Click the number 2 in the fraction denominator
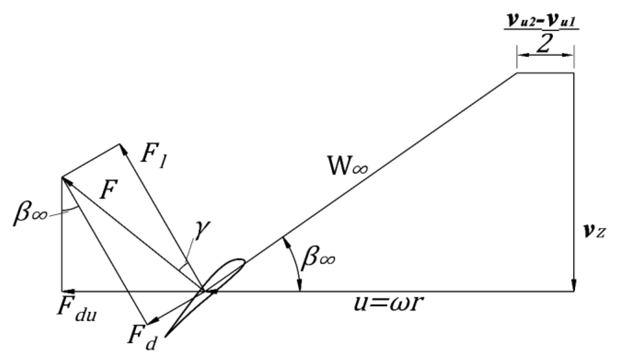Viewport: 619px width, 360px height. coord(543,44)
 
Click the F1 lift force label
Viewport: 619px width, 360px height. coord(152,157)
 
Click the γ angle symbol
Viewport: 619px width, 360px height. coord(202,229)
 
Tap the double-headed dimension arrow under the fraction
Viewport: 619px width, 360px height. coord(545,55)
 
